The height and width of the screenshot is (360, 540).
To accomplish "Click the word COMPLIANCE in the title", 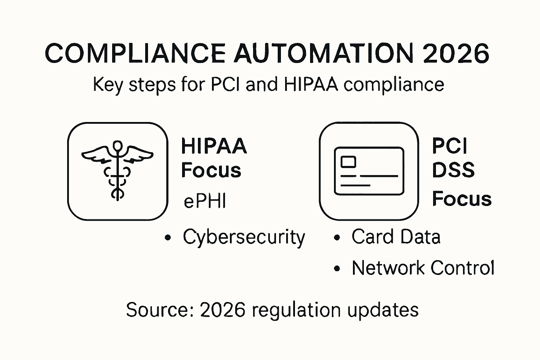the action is click(x=135, y=53).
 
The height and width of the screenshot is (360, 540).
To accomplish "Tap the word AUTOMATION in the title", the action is click(x=324, y=53).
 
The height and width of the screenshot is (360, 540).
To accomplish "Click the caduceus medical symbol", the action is click(x=117, y=170).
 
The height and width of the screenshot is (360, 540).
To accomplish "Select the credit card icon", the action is click(x=369, y=171).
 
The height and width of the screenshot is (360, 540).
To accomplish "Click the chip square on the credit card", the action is click(x=348, y=162).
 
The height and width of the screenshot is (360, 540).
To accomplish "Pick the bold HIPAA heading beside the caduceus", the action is click(x=214, y=146).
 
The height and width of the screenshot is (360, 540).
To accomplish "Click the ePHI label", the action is click(x=205, y=201).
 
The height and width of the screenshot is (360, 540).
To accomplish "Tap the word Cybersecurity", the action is click(x=244, y=237).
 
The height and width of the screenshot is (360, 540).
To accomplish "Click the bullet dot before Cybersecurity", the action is click(x=168, y=238).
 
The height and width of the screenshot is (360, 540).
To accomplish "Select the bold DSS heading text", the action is click(x=454, y=170).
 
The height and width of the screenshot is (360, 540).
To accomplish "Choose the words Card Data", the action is click(x=396, y=237).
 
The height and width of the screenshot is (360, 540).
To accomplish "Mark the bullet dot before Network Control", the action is click(x=337, y=268).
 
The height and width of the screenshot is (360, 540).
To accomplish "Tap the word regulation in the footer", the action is click(x=296, y=311).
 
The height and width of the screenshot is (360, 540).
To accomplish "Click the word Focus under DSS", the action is click(x=462, y=199).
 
